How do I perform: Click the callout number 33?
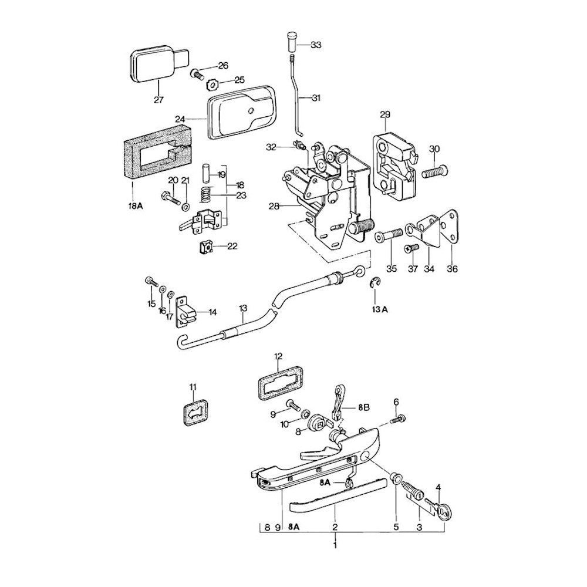316,45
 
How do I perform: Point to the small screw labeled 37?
410,249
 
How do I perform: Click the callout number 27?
158,100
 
